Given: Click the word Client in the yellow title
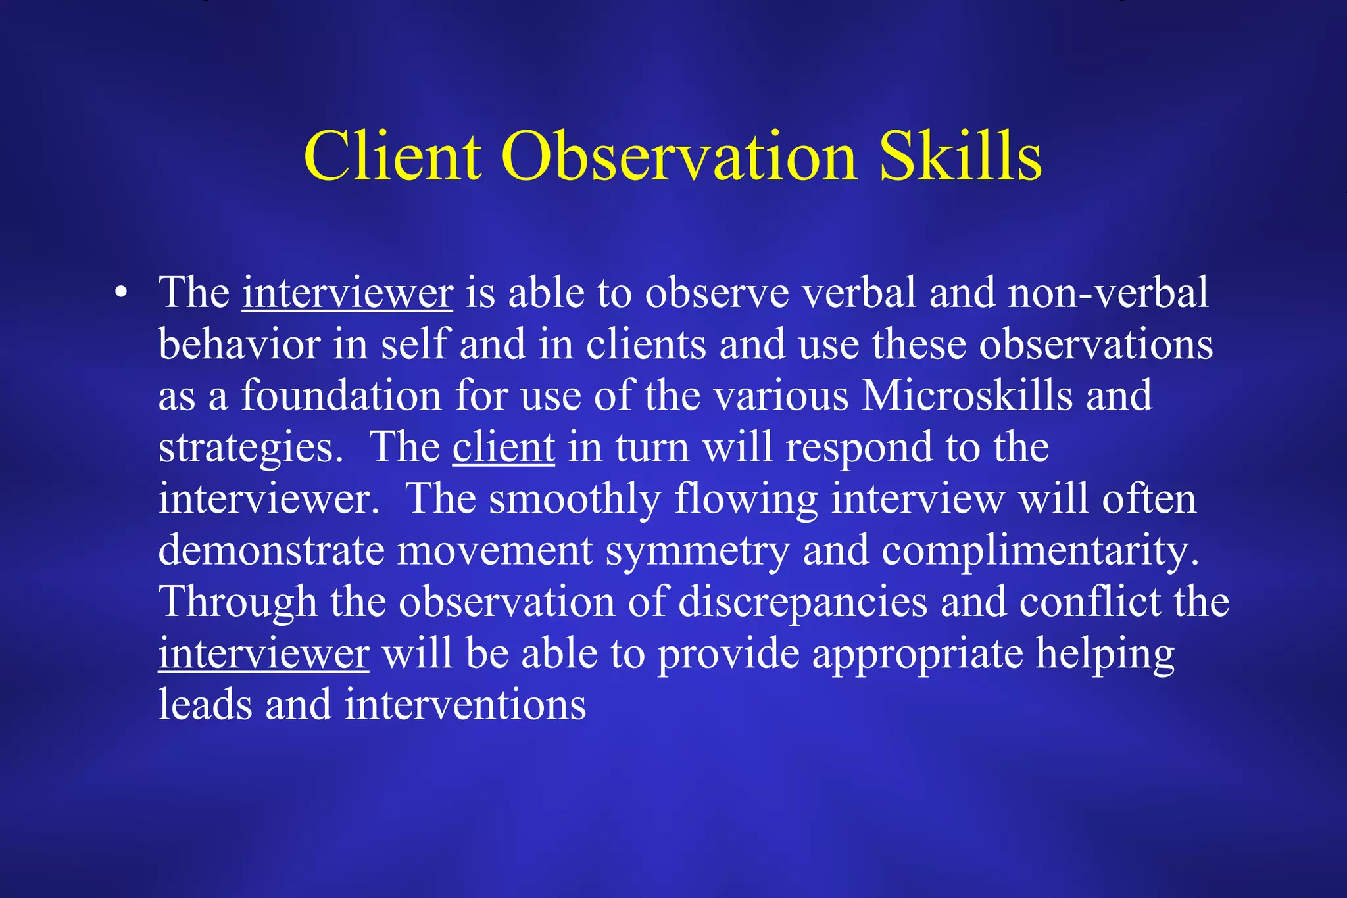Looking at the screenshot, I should [x=392, y=156].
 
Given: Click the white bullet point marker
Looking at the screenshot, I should [x=120, y=294].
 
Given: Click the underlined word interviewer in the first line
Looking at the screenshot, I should [x=347, y=293].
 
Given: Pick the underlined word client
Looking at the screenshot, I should [x=503, y=448].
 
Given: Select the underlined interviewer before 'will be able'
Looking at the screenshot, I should [x=263, y=654].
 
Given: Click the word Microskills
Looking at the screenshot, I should [x=967, y=396].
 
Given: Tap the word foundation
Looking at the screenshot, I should [x=341, y=396].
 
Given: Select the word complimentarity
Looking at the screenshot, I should [x=1040, y=551].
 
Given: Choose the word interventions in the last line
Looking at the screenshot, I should [x=465, y=705].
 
